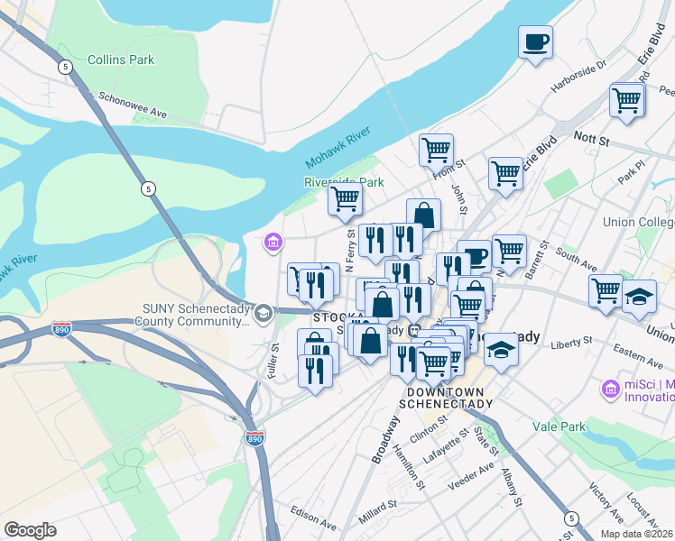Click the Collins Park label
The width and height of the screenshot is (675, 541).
[121, 60]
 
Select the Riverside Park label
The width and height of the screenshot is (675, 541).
[344, 182]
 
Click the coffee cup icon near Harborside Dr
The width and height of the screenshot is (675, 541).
[536, 41]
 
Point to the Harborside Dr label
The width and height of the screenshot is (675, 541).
[579, 71]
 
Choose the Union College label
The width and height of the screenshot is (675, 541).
[639, 222]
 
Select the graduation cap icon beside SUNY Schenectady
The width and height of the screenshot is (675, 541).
[264, 314]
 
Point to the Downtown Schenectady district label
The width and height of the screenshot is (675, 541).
[449, 398]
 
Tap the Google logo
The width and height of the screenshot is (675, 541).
[31, 530]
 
